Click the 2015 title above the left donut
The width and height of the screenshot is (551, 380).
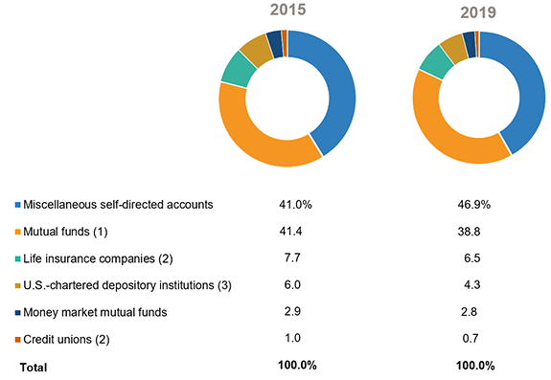click(x=287, y=12)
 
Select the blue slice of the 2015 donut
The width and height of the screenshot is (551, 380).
click(x=337, y=91)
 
